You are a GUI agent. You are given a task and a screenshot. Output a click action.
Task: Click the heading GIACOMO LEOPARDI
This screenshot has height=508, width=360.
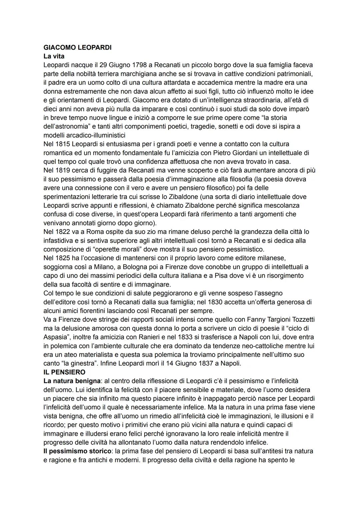(77, 48)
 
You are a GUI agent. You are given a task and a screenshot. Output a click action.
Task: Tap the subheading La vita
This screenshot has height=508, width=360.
(54, 56)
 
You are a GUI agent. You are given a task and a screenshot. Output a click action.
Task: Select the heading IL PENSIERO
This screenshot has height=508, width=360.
(64, 372)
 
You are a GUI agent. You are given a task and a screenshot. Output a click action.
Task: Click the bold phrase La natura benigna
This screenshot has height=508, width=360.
(72, 381)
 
